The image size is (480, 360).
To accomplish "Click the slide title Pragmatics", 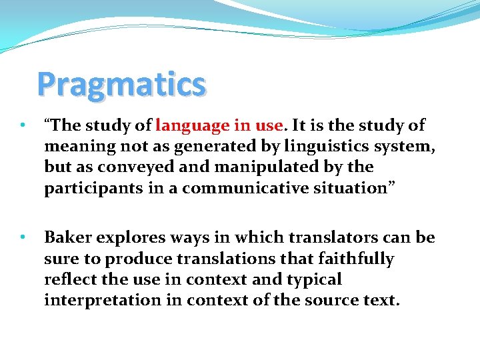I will tap(121, 85).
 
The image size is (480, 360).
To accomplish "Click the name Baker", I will tap(66, 237).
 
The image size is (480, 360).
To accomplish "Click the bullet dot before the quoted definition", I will tap(23, 125).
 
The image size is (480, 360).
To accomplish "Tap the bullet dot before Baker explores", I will tap(23, 237).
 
